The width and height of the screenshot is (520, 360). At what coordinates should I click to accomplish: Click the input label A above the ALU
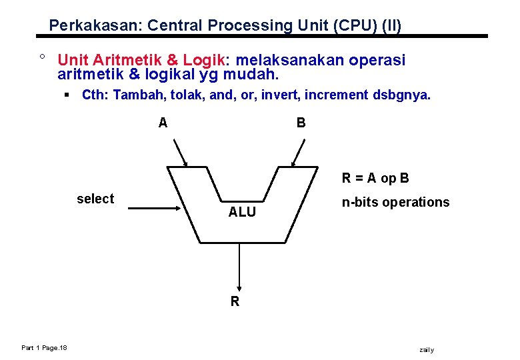[x=163, y=123]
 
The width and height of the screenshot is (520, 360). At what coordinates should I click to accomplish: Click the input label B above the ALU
[x=301, y=123]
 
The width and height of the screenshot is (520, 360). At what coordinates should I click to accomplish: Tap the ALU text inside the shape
[x=242, y=212]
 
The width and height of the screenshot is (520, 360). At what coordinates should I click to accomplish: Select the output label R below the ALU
[x=235, y=301]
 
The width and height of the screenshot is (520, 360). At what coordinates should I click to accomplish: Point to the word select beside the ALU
[x=95, y=199]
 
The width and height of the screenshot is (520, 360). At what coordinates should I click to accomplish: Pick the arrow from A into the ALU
[x=180, y=153]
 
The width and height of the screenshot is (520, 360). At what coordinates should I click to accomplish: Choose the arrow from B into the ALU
[x=299, y=153]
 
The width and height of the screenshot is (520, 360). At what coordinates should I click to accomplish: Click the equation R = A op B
[x=375, y=178]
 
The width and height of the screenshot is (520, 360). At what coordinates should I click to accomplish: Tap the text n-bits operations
[x=395, y=202]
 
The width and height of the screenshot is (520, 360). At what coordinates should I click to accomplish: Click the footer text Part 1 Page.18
[x=49, y=348]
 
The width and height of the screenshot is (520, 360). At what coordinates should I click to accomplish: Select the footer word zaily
[x=426, y=349]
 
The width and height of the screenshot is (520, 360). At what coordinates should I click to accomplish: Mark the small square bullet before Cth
[x=67, y=95]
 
